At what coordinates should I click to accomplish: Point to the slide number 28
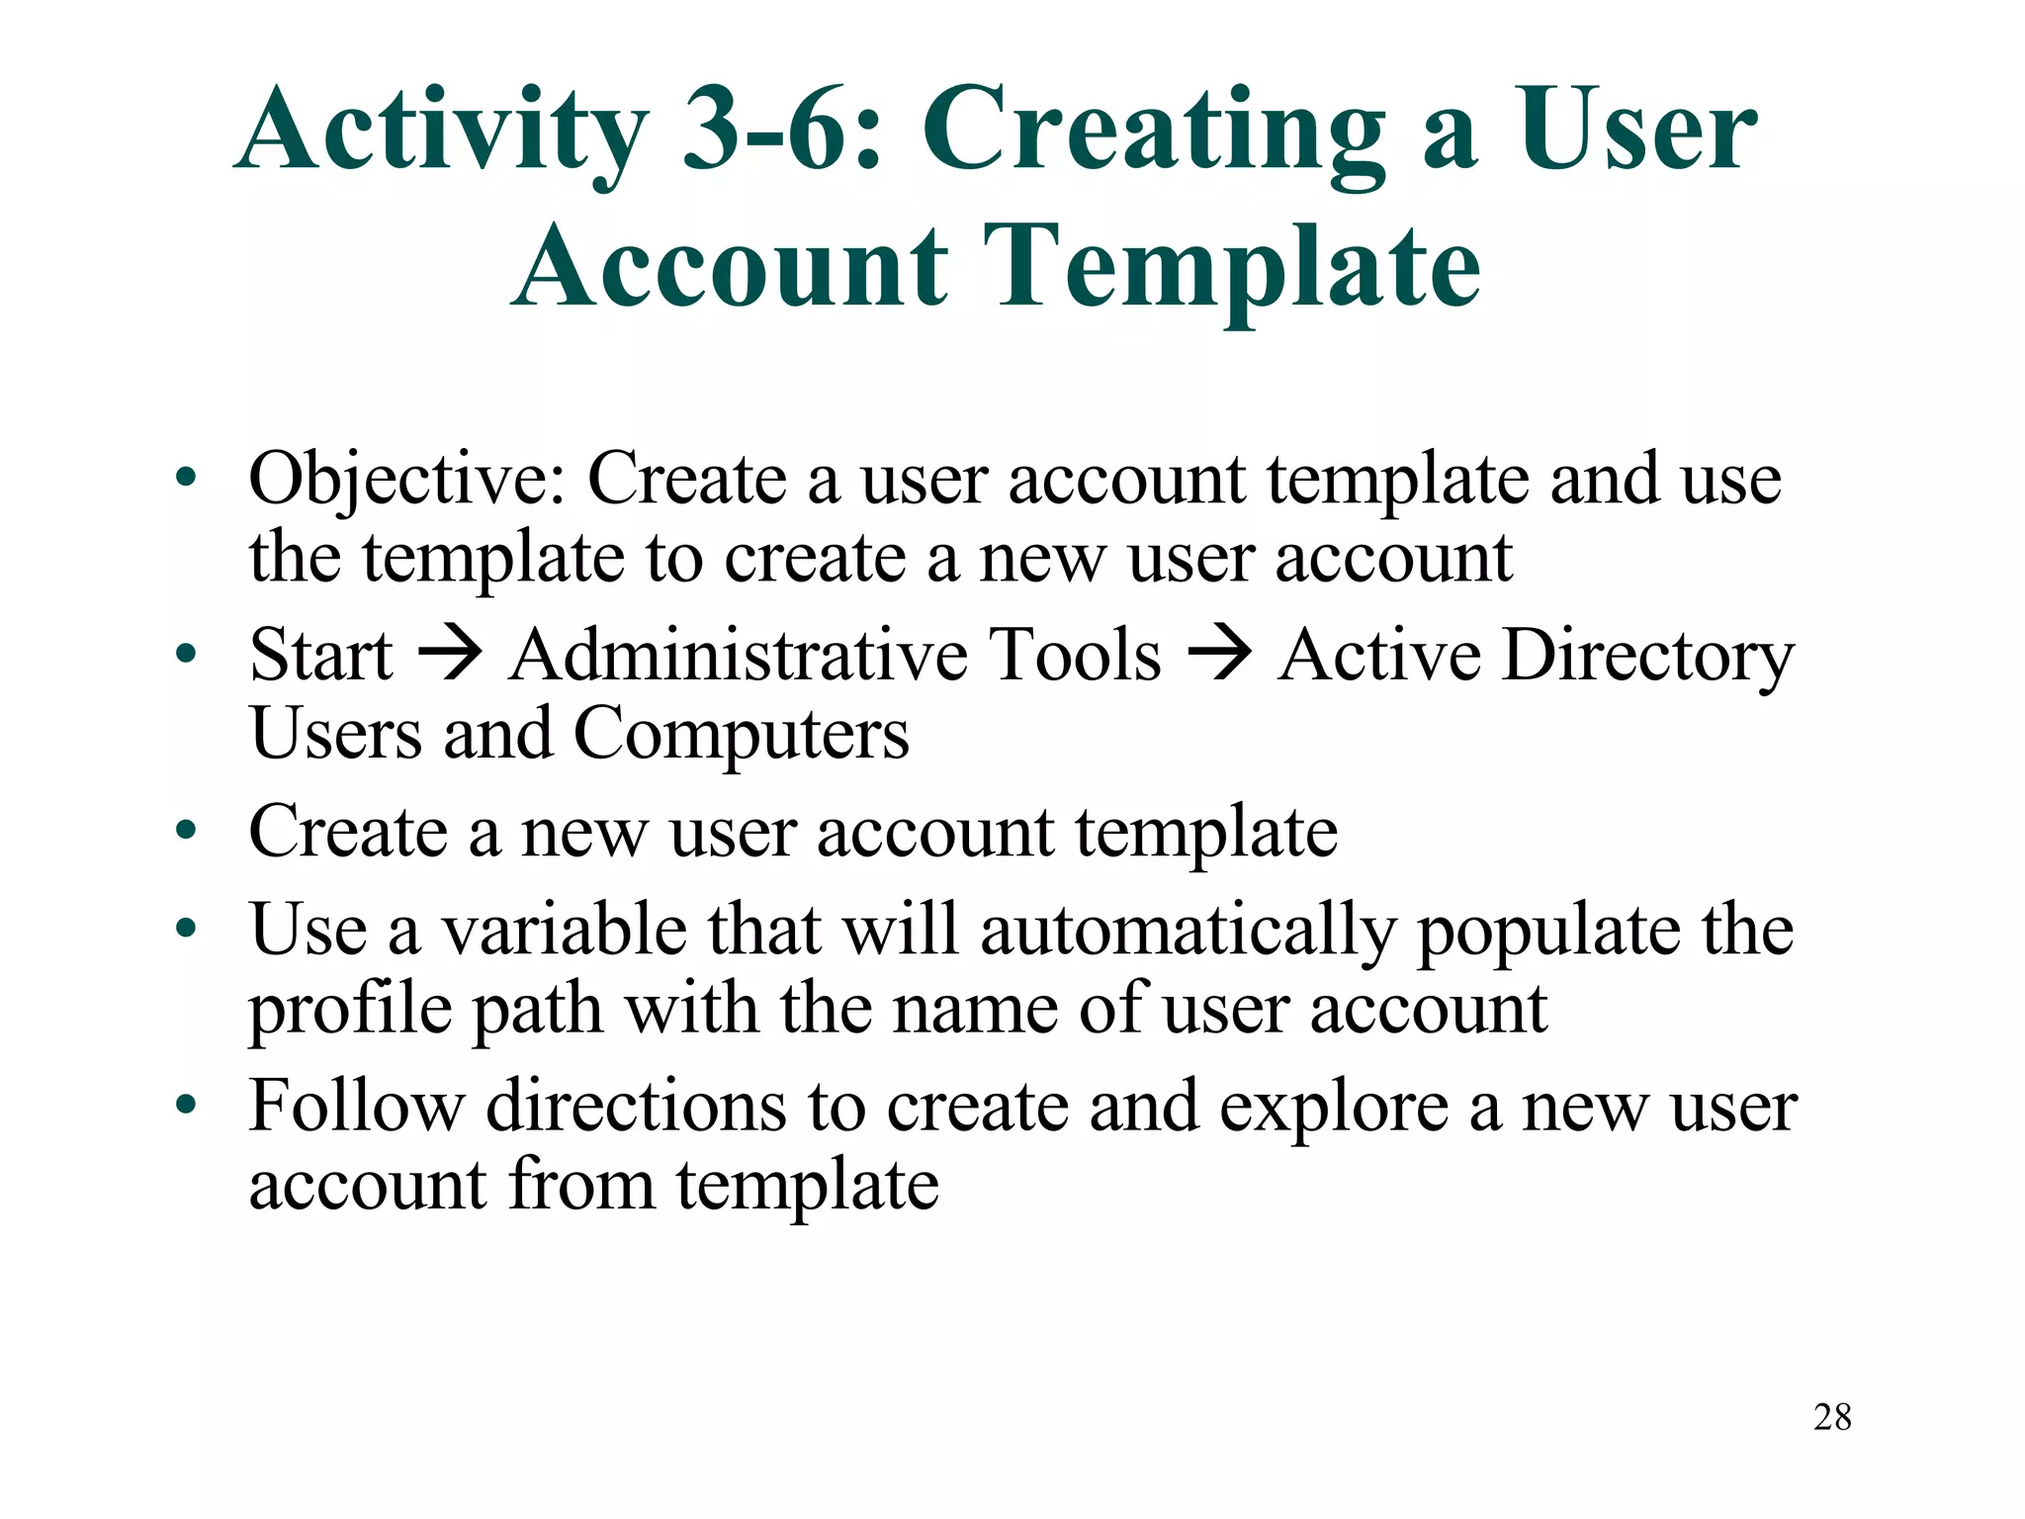click(1832, 1417)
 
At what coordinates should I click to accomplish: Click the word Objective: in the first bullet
click(406, 481)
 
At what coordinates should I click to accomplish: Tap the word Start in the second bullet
click(321, 656)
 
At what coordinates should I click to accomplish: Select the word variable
click(564, 931)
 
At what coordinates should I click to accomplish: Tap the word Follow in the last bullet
click(357, 1107)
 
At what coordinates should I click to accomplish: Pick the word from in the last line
click(580, 1186)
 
